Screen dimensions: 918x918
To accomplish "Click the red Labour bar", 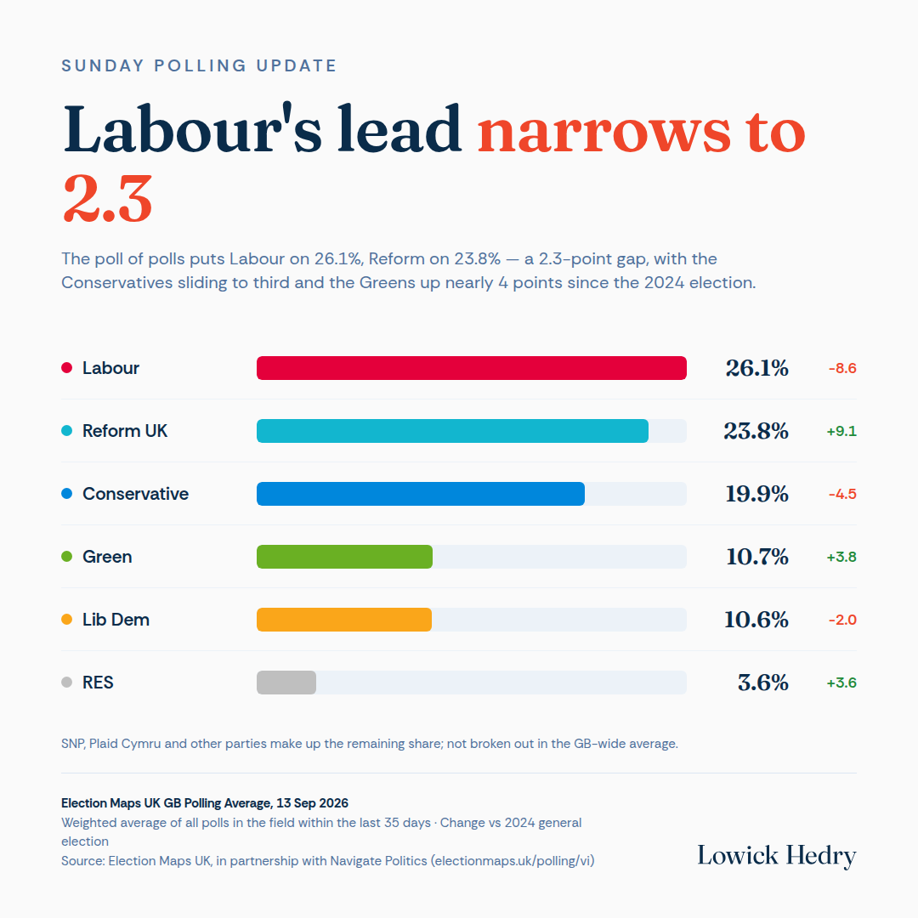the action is pyautogui.click(x=471, y=368).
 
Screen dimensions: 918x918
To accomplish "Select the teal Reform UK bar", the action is pyautogui.click(x=452, y=431).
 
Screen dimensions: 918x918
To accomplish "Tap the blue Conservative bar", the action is pyautogui.click(x=421, y=494).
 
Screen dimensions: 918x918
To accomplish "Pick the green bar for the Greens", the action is pyautogui.click(x=344, y=557).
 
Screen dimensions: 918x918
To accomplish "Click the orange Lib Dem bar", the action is pyautogui.click(x=344, y=620).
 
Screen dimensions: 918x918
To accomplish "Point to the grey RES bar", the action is pyautogui.click(x=286, y=683).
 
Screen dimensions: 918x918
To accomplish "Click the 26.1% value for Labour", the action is pyautogui.click(x=757, y=368).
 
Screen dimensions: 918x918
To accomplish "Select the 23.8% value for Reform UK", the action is pyautogui.click(x=756, y=431).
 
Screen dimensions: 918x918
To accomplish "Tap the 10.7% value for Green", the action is pyautogui.click(x=757, y=557).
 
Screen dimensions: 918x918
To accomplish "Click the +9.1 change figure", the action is pyautogui.click(x=841, y=432).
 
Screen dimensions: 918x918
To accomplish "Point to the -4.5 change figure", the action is pyautogui.click(x=842, y=494).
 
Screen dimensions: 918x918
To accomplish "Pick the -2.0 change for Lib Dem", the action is pyautogui.click(x=842, y=620).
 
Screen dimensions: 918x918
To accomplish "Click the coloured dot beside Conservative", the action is pyautogui.click(x=67, y=494).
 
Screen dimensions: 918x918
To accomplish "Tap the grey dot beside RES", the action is pyautogui.click(x=67, y=682).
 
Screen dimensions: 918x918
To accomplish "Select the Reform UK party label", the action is pyautogui.click(x=125, y=431).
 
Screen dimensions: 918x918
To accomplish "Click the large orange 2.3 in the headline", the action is pyautogui.click(x=108, y=199).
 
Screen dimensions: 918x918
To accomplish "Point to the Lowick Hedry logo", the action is pyautogui.click(x=776, y=856).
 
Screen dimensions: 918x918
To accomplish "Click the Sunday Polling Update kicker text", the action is pyautogui.click(x=199, y=65).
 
